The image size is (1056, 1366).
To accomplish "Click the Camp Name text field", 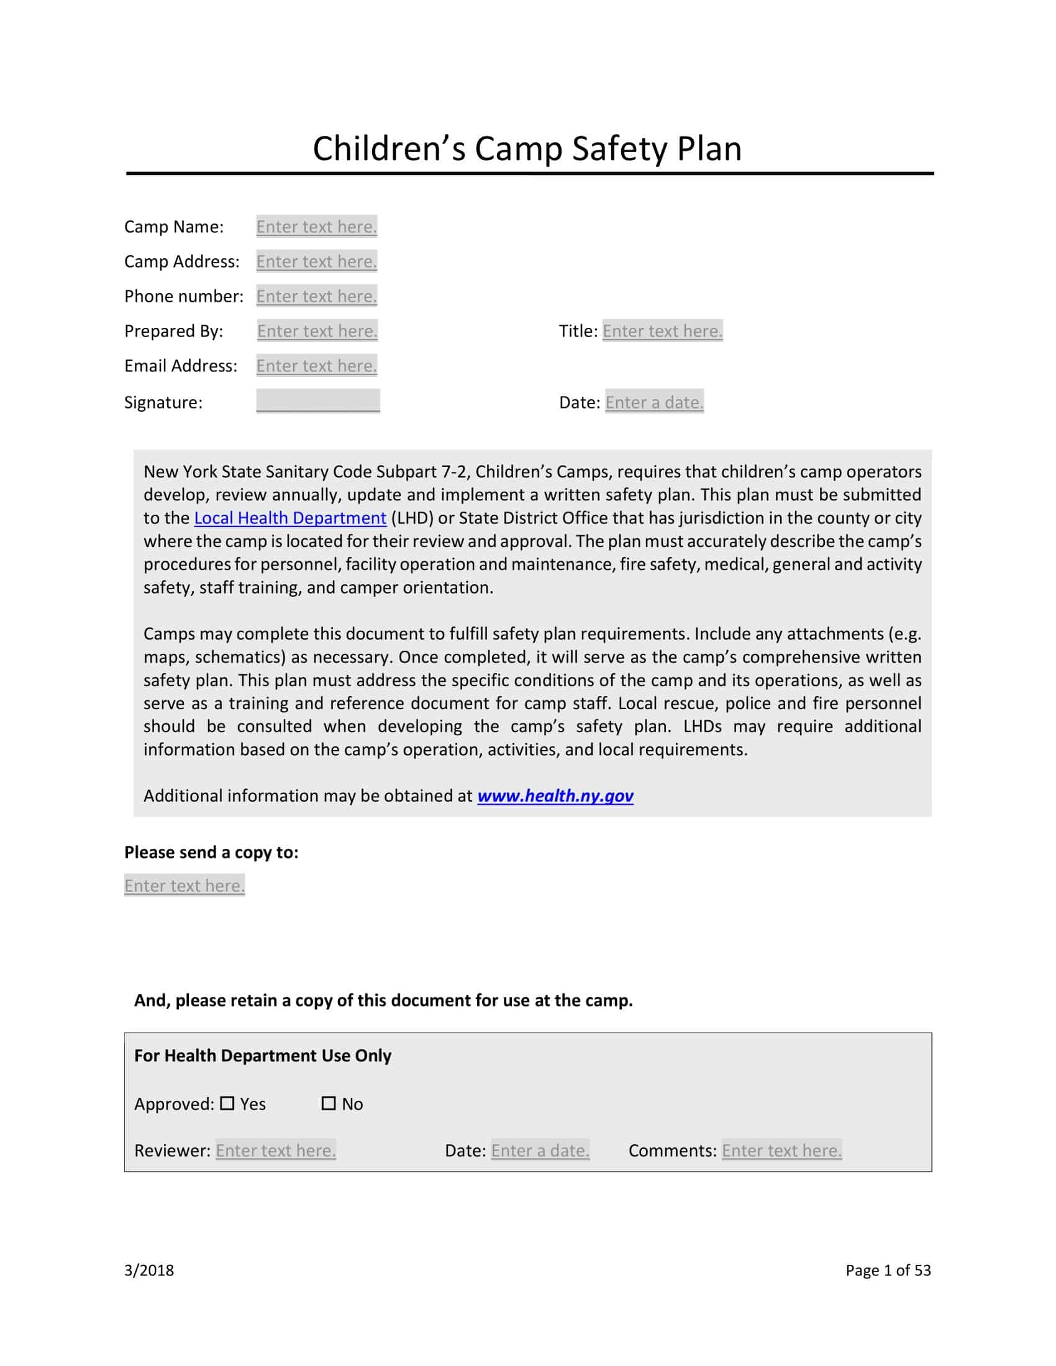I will (317, 227).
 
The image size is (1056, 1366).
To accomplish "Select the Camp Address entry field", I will (317, 261).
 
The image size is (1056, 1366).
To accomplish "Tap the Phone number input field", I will (317, 296).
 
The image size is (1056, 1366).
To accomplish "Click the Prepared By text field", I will (317, 331).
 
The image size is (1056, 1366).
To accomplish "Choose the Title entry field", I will (663, 331).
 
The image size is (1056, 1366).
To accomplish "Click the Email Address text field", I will (317, 366).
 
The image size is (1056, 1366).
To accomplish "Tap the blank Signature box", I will (318, 401).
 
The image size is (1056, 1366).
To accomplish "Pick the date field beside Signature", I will (654, 402).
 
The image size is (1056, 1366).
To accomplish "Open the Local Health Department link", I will (290, 518).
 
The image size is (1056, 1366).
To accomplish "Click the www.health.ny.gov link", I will (555, 795).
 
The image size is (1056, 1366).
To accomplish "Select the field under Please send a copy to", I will (184, 885).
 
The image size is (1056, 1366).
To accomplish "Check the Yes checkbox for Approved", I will (228, 1103).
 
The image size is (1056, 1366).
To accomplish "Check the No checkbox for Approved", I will (329, 1103).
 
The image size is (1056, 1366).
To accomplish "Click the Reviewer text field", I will (276, 1150).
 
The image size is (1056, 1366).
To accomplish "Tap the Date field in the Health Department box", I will (540, 1150).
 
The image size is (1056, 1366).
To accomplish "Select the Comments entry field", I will (781, 1150).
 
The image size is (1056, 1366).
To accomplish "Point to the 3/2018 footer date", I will (149, 1270).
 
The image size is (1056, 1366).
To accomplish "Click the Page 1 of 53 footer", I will (888, 1270).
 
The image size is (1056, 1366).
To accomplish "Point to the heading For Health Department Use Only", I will (263, 1056).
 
